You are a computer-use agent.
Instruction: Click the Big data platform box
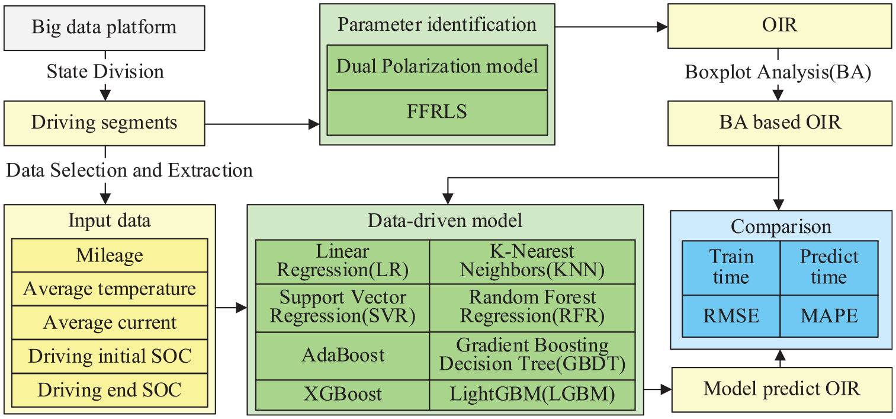104,28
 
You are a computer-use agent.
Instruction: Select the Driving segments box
104,123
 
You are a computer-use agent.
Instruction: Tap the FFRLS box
437,113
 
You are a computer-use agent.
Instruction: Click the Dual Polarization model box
437,67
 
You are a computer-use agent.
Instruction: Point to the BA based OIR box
780,123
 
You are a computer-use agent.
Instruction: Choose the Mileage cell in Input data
110,255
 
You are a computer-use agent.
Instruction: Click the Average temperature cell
110,289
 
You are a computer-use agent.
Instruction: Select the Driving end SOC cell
110,391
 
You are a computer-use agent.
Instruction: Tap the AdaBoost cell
343,356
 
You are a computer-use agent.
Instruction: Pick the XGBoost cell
343,395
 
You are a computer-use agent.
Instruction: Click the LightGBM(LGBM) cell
532,395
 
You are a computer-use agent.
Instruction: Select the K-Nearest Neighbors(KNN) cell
532,262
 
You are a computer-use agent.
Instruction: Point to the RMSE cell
731,316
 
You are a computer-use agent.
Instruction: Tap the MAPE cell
829,316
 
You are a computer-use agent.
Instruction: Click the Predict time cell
829,268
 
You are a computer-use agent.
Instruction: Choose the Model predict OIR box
782,390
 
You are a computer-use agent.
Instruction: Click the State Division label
105,72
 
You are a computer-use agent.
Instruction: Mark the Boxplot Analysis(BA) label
778,73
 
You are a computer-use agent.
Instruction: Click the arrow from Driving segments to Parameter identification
262,124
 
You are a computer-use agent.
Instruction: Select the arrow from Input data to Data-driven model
232,308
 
